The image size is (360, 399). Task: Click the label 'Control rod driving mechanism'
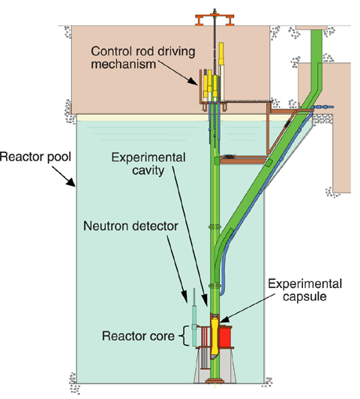tap(143, 58)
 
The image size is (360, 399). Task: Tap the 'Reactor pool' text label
tap(35, 157)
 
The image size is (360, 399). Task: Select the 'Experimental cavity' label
tap(148, 163)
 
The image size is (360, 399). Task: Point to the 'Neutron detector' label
tap(130, 226)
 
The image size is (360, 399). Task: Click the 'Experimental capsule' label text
tap(304, 290)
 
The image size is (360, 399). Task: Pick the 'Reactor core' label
tap(138, 336)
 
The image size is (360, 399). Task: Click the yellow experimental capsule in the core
tap(215, 337)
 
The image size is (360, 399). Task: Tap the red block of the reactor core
tap(225, 337)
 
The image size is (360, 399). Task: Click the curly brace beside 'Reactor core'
tap(185, 336)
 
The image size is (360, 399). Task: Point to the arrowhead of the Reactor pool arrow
tap(71, 182)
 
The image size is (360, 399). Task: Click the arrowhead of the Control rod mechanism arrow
tap(193, 81)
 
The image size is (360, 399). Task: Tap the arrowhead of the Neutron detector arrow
tap(185, 298)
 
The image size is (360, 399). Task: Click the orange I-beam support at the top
tap(214, 19)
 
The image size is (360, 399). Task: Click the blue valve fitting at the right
tap(323, 107)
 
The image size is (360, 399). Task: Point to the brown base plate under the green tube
tap(215, 381)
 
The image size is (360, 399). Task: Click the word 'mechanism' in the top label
tap(124, 64)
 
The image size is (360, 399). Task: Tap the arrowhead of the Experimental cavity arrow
tap(205, 301)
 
